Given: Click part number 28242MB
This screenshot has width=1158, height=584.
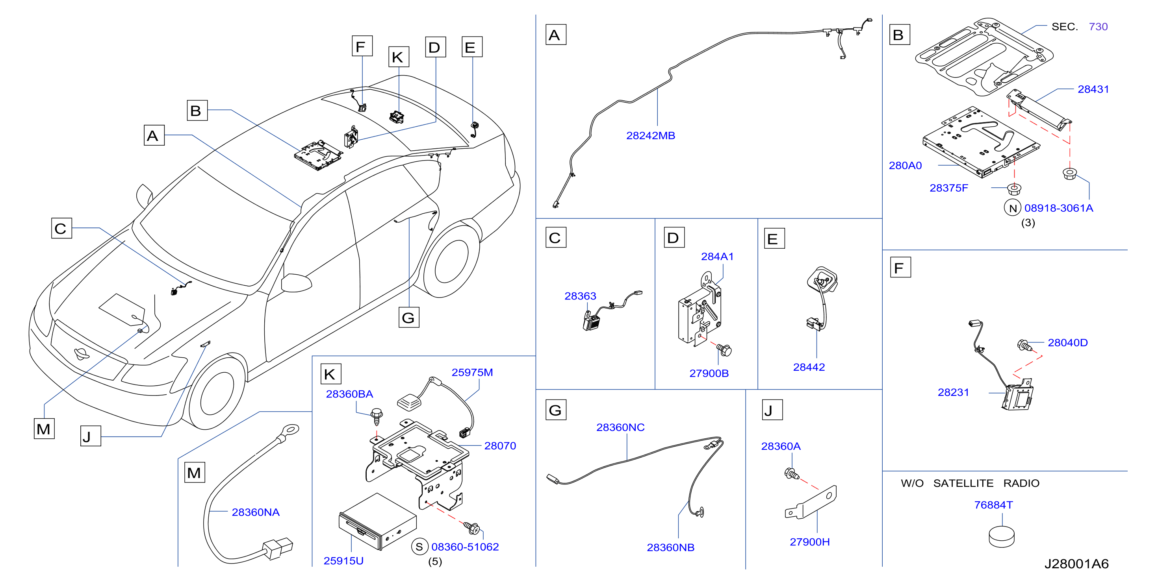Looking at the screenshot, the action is pos(650,136).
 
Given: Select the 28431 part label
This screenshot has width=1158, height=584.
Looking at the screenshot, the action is pos(1093,89).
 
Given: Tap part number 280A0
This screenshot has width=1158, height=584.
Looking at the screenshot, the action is pos(905,166).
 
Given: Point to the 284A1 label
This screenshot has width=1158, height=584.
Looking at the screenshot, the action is pos(717,257).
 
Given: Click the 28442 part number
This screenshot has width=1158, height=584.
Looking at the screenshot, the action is pos(809,367).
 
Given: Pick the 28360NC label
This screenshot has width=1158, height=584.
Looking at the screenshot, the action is pos(620,427).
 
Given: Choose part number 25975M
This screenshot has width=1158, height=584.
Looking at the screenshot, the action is pos(472,372).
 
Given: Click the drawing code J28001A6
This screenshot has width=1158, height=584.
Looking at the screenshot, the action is pos(1076,564).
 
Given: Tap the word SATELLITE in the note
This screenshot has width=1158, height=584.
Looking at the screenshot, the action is pos(963,483).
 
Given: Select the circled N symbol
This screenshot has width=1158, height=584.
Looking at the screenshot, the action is pos(1013,208).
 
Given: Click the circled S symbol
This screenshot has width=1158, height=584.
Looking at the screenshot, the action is pos(419,547).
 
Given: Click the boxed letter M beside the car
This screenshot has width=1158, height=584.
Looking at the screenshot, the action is pos(44,429).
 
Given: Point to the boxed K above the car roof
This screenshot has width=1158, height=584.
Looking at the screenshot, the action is pos(398,57).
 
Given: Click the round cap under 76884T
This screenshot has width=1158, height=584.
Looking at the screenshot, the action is pos(1002,536).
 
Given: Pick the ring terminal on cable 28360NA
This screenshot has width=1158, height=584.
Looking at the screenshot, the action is pos(289,431).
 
